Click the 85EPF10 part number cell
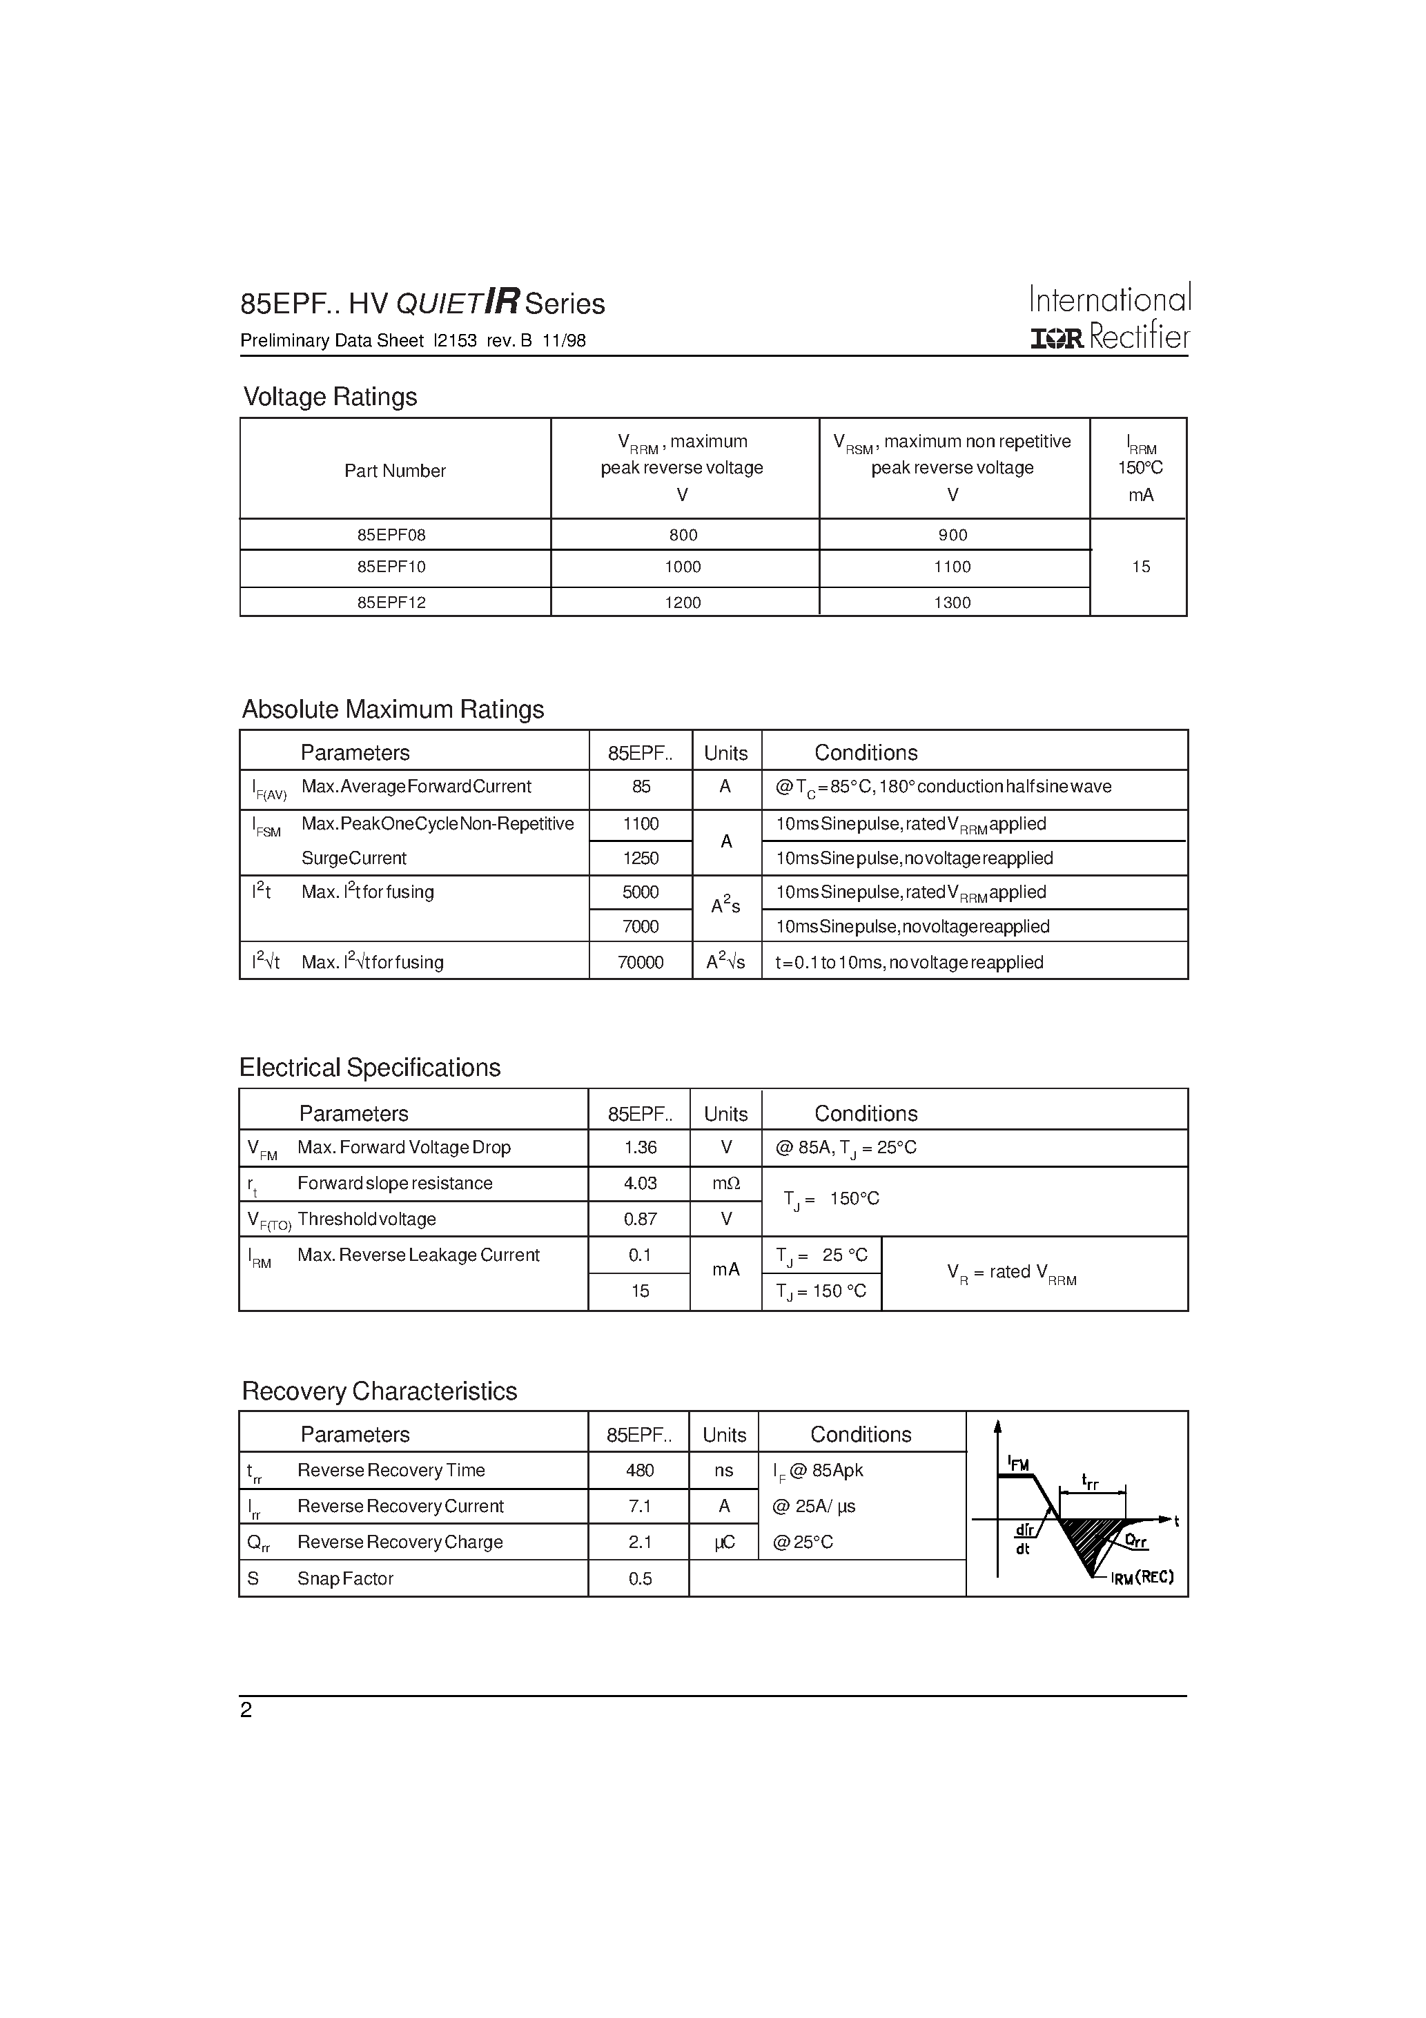(391, 567)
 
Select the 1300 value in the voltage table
(952, 602)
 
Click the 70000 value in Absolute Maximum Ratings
(640, 961)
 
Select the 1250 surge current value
(640, 858)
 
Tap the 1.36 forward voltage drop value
(640, 1147)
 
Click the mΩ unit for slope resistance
(726, 1183)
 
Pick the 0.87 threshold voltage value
(640, 1219)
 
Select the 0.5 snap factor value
(640, 1578)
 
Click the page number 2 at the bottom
(246, 1710)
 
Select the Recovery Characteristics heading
(379, 1391)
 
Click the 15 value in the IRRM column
(1140, 567)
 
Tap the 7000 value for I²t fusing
(640, 926)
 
